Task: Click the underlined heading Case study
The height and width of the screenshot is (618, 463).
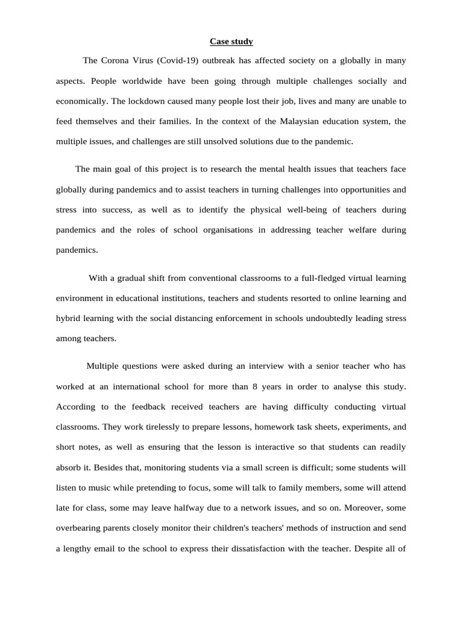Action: [231, 42]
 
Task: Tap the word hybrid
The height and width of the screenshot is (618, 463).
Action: [68, 318]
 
